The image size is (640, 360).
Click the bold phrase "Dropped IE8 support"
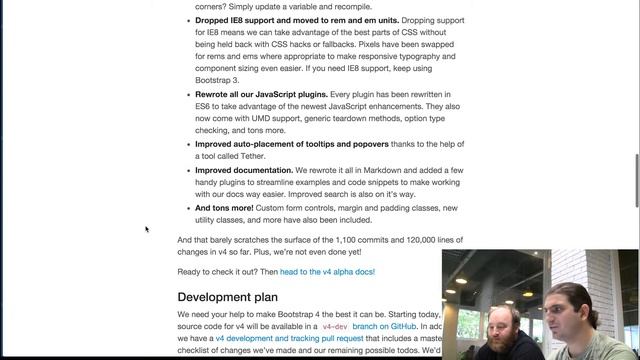click(x=239, y=21)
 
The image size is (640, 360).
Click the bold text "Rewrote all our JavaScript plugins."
click(x=269, y=94)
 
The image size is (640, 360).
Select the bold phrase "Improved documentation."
click(x=244, y=171)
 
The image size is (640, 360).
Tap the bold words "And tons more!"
click(x=225, y=208)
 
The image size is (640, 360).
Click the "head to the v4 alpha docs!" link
click(x=327, y=272)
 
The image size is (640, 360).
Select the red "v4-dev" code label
click(x=334, y=327)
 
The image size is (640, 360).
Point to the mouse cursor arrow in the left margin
click(x=147, y=229)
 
